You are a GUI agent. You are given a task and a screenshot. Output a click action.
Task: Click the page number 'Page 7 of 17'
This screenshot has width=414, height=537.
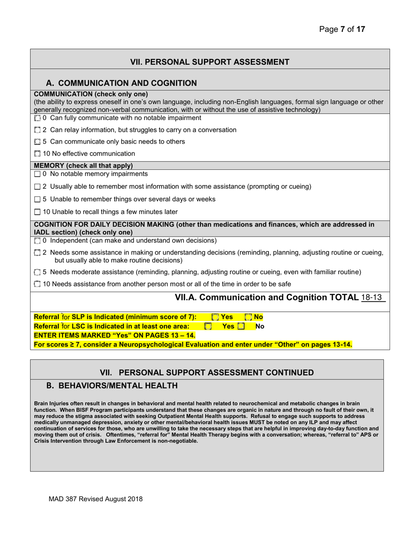pos(342,30)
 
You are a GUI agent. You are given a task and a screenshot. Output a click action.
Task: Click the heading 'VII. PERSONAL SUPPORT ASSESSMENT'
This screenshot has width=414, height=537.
pos(210,62)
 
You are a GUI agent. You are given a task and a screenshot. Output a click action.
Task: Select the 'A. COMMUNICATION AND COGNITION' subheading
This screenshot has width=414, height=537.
pos(121,83)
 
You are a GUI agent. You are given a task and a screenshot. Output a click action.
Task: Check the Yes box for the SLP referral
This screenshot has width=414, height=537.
pos(215,317)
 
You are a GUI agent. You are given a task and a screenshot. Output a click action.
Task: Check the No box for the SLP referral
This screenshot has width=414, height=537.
pos(248,317)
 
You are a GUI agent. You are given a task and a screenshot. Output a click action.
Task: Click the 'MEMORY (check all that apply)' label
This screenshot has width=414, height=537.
pos(83,165)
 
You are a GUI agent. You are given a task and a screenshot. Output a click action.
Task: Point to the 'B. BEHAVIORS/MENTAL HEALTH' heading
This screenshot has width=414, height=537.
pos(112,386)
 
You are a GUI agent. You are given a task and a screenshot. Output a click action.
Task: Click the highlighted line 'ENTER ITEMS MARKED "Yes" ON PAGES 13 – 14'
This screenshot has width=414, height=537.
pos(115,335)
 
